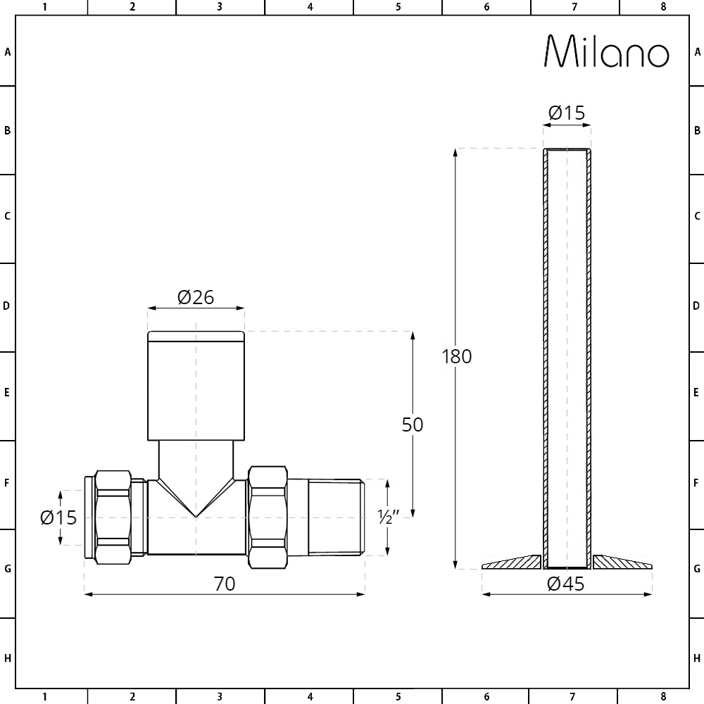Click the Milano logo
click(607, 51)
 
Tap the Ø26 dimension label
click(196, 297)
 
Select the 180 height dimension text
click(457, 356)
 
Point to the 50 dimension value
click(412, 425)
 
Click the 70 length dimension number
click(225, 584)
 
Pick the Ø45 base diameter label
click(566, 584)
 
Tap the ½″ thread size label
click(388, 517)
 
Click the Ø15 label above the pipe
click(567, 113)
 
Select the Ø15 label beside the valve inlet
click(58, 517)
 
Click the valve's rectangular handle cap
click(196, 386)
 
